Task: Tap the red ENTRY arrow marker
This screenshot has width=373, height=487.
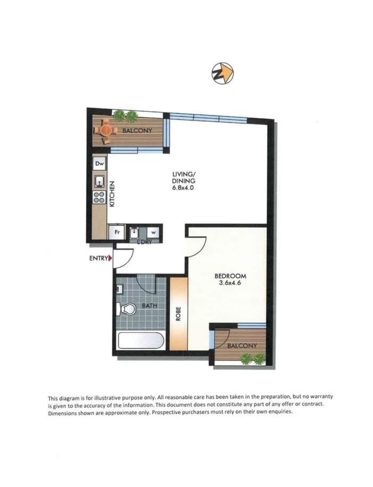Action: click(x=110, y=259)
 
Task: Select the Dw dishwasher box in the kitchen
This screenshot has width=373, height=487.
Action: click(x=100, y=165)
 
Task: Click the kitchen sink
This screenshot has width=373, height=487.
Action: click(x=100, y=182)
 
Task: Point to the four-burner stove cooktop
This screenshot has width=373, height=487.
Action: click(x=100, y=198)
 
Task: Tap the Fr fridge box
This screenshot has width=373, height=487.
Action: click(x=115, y=232)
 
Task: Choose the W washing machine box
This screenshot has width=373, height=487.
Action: click(x=153, y=232)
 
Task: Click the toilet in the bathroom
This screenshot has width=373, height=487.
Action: click(x=127, y=308)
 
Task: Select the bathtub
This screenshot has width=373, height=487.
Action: click(x=140, y=340)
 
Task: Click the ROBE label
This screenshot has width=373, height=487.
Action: click(x=178, y=314)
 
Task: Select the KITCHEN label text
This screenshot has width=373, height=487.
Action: click(x=112, y=194)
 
